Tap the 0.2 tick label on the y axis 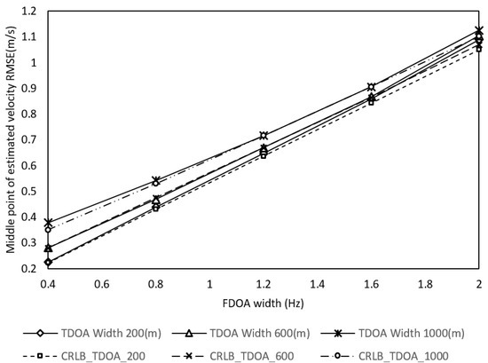(x=32, y=268)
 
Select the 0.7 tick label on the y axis (x=32, y=139)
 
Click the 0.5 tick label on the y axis (x=32, y=191)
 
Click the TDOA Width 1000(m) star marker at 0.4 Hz (x=48, y=222)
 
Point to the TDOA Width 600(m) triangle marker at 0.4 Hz (x=48, y=249)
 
